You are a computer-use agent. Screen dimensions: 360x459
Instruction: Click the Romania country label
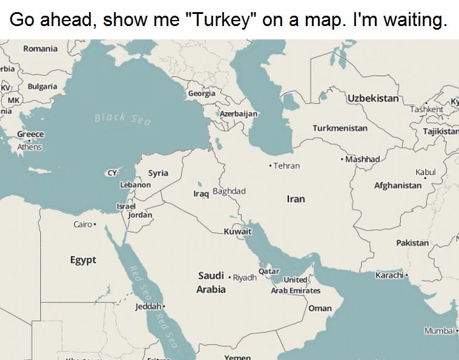[41, 48]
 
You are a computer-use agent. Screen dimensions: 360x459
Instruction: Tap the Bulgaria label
[42, 87]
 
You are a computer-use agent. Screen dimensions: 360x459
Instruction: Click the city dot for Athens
[28, 140]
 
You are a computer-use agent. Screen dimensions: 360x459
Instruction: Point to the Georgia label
[201, 94]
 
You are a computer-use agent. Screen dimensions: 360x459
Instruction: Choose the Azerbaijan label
[239, 114]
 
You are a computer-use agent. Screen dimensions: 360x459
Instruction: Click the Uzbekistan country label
[373, 98]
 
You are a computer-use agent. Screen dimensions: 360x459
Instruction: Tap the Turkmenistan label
[340, 128]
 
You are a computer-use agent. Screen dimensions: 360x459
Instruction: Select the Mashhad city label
[363, 159]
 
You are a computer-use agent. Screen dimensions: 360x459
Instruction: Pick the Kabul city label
[425, 173]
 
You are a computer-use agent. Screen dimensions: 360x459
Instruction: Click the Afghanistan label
[398, 185]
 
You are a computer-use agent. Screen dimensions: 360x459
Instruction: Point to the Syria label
[159, 173]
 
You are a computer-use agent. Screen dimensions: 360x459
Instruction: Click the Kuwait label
[237, 232]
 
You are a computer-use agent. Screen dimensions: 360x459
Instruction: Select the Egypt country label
[83, 260]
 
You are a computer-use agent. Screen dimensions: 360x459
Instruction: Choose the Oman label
[320, 308]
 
